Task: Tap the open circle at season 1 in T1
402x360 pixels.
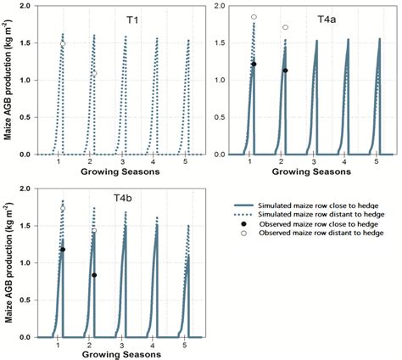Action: click(63, 44)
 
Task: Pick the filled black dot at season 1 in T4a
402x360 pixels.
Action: click(254, 65)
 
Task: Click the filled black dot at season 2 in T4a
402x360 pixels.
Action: click(285, 70)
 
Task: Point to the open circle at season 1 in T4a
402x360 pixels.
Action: click(254, 17)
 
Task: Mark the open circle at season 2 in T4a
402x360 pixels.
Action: click(285, 27)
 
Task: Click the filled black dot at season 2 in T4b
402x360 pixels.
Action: click(94, 275)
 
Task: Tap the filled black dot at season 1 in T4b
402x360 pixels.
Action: click(63, 250)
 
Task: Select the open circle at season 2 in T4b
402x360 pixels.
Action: click(94, 230)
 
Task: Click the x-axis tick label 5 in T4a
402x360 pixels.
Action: click(377, 161)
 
